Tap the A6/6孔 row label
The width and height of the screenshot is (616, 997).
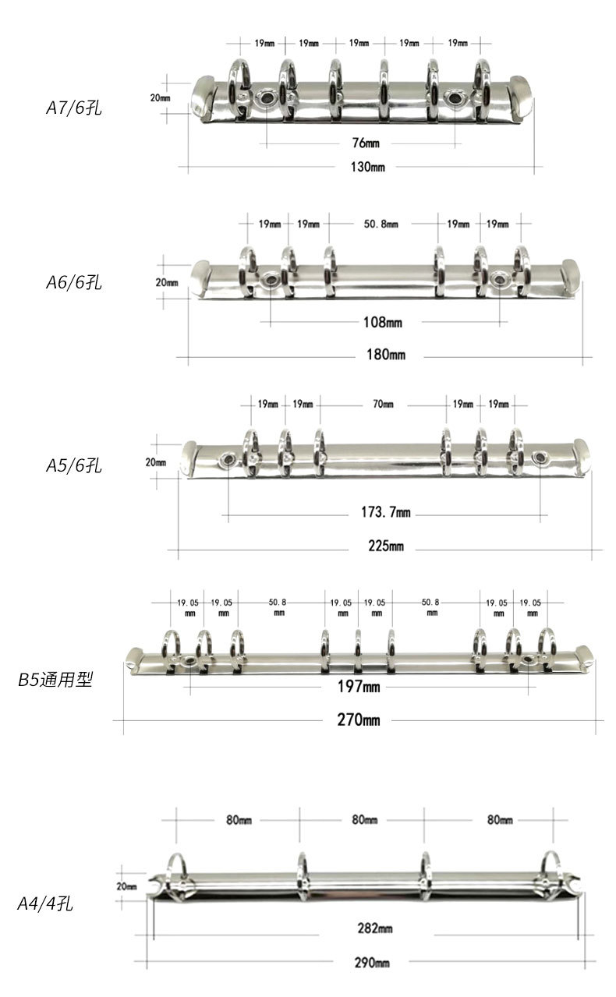pyautogui.click(x=73, y=282)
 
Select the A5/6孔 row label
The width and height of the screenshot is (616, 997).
pyautogui.click(x=73, y=466)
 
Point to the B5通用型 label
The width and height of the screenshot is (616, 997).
pyautogui.click(x=55, y=680)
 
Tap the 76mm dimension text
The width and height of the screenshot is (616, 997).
pyautogui.click(x=359, y=143)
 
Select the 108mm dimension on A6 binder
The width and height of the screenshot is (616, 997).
pyautogui.click(x=383, y=321)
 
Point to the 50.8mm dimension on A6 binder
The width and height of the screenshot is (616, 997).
pyautogui.click(x=381, y=224)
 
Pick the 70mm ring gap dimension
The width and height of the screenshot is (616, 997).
pyautogui.click(x=383, y=404)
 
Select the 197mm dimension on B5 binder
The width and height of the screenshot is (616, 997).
pyautogui.click(x=359, y=686)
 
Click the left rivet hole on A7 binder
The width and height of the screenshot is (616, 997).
pyautogui.click(x=267, y=97)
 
